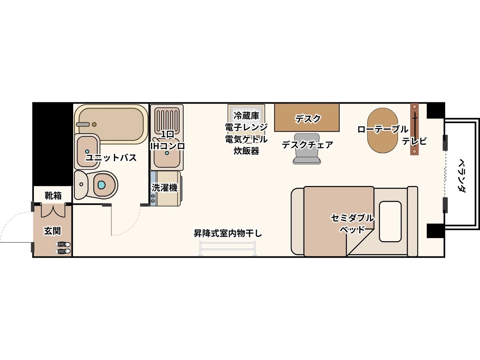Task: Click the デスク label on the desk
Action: pyautogui.click(x=308, y=119)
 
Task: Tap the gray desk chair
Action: pyautogui.click(x=307, y=149)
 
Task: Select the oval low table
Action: pyautogui.click(x=382, y=130)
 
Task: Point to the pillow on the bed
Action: pyautogui.click(x=390, y=222)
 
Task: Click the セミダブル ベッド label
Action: pyautogui.click(x=352, y=223)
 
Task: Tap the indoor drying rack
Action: pyautogui.click(x=227, y=248)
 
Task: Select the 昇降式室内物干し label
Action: pyautogui.click(x=228, y=233)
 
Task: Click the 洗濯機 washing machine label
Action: pyautogui.click(x=164, y=188)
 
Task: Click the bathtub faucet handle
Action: pyautogui.click(x=83, y=124)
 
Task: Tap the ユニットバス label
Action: pyautogui.click(x=111, y=157)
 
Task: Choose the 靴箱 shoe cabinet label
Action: pyautogui.click(x=53, y=196)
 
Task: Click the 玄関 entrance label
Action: pyautogui.click(x=52, y=231)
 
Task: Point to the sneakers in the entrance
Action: pyautogui.click(x=63, y=248)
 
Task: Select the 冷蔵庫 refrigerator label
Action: pyautogui.click(x=246, y=116)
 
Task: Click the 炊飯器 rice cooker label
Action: pyautogui.click(x=246, y=151)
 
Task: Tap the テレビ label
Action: pyautogui.click(x=414, y=141)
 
